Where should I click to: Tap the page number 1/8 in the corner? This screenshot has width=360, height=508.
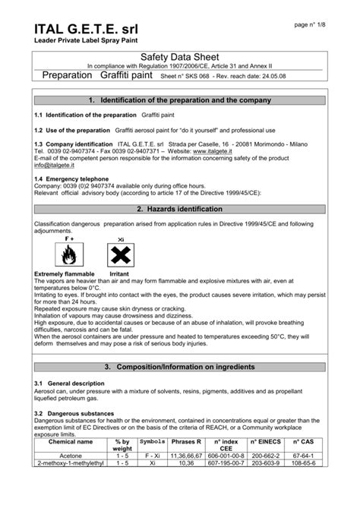pos(312,25)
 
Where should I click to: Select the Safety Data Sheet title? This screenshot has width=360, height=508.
pos(180,58)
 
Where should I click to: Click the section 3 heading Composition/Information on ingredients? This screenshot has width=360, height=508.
pos(181,368)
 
